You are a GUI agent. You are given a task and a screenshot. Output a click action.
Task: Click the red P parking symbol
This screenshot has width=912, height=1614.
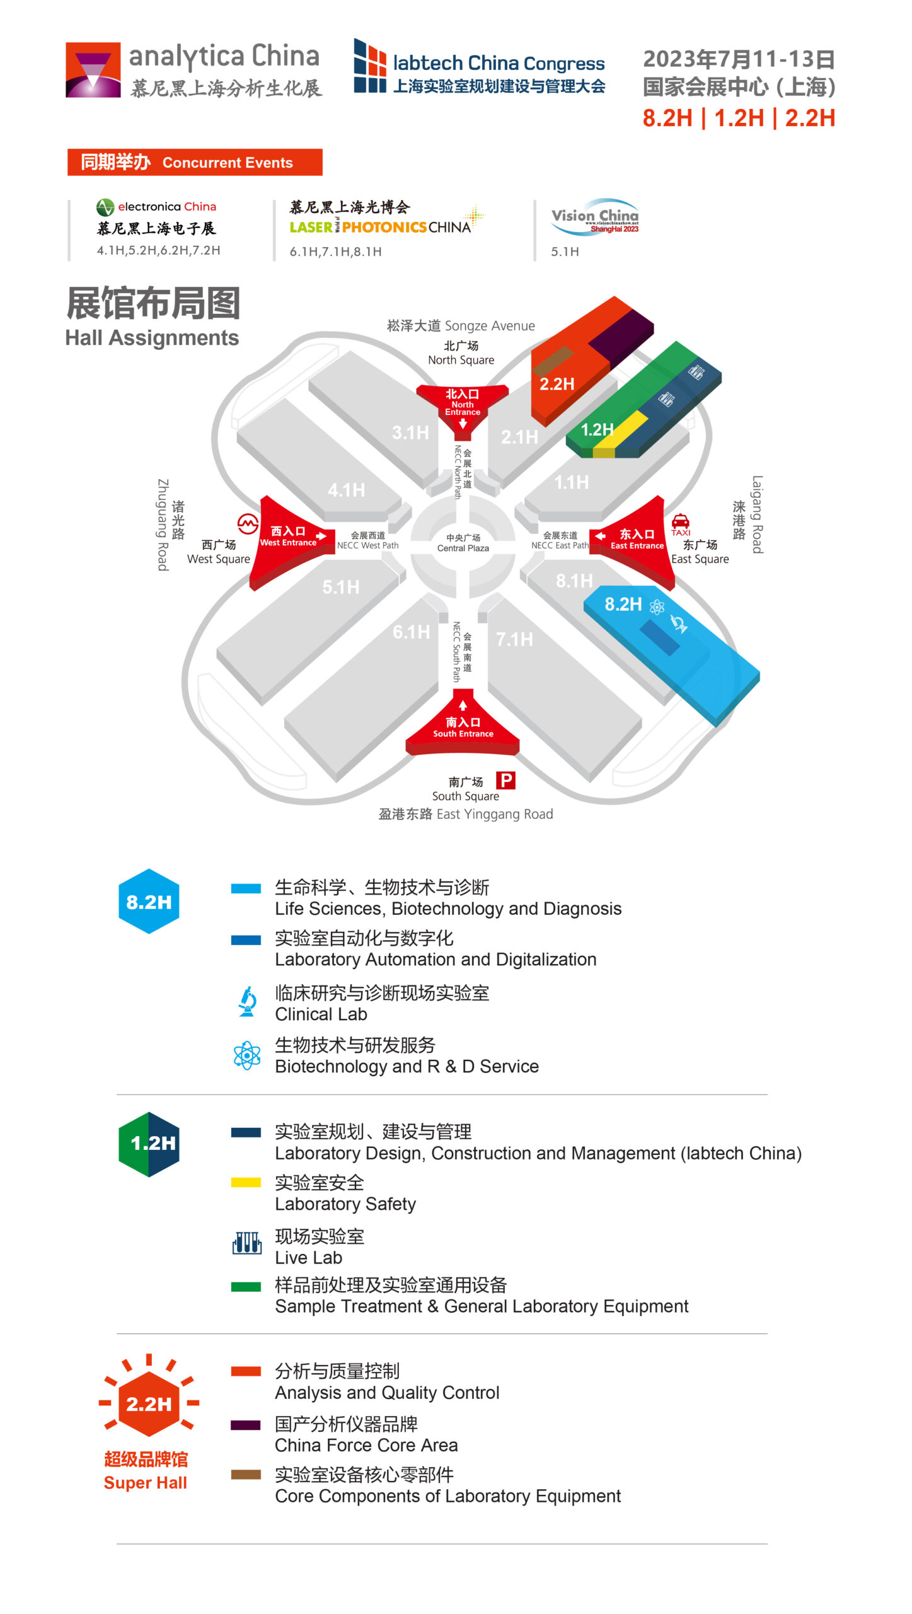pyautogui.click(x=505, y=781)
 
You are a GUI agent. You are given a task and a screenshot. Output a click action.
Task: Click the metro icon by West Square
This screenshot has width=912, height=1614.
pyautogui.click(x=248, y=523)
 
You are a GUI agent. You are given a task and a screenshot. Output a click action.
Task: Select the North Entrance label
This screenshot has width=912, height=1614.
pyautogui.click(x=463, y=402)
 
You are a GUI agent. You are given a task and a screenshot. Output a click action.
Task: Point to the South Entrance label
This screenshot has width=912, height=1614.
pyautogui.click(x=463, y=727)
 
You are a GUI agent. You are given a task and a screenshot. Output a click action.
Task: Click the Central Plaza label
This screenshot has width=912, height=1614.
pyautogui.click(x=463, y=543)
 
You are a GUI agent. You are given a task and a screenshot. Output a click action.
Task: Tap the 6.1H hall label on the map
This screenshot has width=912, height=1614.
pyautogui.click(x=411, y=632)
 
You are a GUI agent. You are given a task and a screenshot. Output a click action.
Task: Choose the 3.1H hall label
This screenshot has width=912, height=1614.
pyautogui.click(x=410, y=433)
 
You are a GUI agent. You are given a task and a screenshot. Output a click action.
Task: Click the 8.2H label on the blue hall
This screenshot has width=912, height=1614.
pyautogui.click(x=623, y=604)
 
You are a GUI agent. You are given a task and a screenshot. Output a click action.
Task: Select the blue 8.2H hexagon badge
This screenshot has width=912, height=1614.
pyautogui.click(x=149, y=902)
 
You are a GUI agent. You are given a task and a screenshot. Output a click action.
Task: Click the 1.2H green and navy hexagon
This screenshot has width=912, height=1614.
pyautogui.click(x=149, y=1144)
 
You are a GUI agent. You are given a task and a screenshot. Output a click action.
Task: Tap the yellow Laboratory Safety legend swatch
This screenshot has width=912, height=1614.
pyautogui.click(x=246, y=1183)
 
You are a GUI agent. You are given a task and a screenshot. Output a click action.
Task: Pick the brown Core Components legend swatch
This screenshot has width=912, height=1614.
pyautogui.click(x=246, y=1475)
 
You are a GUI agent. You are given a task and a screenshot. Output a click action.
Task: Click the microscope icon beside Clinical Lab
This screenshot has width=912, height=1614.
pyautogui.click(x=247, y=1001)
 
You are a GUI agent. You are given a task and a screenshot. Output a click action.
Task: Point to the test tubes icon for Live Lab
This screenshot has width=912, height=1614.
pyautogui.click(x=247, y=1243)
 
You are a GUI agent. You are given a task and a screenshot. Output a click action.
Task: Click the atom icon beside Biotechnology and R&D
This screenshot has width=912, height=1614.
pyautogui.click(x=247, y=1055)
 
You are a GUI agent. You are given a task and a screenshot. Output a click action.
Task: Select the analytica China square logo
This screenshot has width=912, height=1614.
pyautogui.click(x=93, y=70)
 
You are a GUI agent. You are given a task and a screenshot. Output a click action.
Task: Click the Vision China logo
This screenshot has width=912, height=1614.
pyautogui.click(x=595, y=216)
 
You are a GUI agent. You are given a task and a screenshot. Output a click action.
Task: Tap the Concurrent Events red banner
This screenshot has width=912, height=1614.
pyautogui.click(x=195, y=162)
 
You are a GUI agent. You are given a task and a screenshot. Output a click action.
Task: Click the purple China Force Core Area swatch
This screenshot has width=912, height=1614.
pyautogui.click(x=246, y=1425)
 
